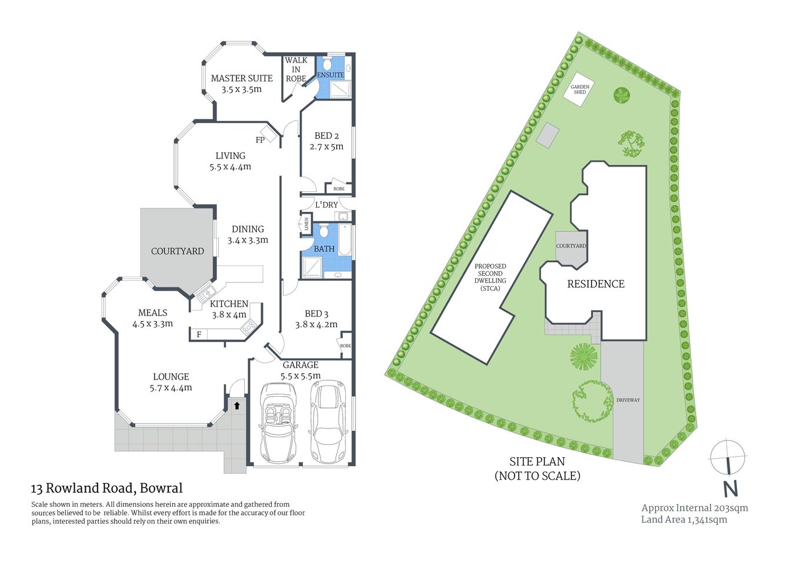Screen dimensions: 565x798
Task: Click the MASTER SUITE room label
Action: point(242,78)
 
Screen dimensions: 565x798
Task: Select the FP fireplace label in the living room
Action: point(260,140)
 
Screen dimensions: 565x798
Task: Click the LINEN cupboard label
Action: point(306,224)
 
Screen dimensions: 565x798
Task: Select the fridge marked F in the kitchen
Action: point(199,334)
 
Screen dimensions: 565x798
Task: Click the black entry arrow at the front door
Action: point(237,405)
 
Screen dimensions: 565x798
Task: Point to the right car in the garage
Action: point(329,421)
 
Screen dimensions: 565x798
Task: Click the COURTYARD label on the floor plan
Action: point(178,251)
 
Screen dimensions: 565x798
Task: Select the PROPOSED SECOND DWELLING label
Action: point(490,277)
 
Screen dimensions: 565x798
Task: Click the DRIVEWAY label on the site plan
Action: point(628,400)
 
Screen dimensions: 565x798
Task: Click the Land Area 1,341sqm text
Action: point(684,520)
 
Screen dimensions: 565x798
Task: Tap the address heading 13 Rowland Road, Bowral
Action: point(107,488)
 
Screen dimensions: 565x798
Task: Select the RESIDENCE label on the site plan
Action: point(596,284)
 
